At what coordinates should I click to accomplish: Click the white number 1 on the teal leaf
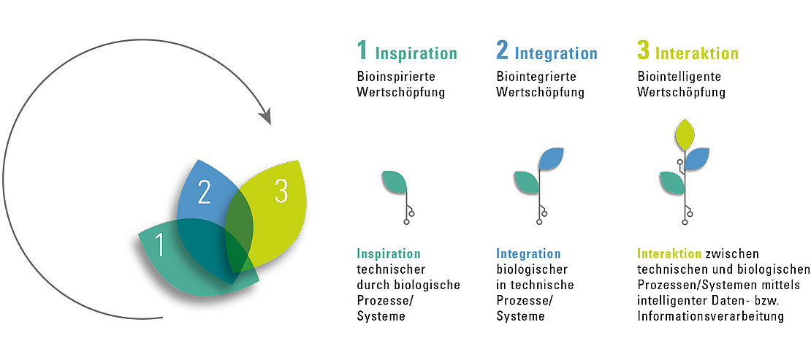[160, 244]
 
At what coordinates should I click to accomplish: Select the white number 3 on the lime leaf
[281, 191]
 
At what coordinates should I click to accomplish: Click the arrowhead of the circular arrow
[264, 116]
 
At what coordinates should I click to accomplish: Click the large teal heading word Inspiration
[416, 54]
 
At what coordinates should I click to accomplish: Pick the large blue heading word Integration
[557, 54]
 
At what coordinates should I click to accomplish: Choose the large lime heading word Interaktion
[697, 54]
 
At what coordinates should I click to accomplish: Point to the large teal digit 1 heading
[362, 50]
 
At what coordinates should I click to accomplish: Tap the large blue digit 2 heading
[502, 50]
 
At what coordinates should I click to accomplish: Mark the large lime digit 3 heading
[643, 50]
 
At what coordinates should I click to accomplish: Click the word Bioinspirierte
[396, 77]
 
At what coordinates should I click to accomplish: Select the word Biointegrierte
[536, 77]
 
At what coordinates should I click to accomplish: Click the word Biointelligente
[679, 77]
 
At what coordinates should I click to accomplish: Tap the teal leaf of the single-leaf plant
[395, 182]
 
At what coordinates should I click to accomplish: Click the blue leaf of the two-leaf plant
[551, 158]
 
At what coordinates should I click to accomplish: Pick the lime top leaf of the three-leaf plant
[685, 134]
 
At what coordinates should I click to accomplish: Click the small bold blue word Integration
[528, 254]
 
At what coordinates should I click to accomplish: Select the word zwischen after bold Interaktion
[732, 254]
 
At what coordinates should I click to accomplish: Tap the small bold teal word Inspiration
[389, 254]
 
